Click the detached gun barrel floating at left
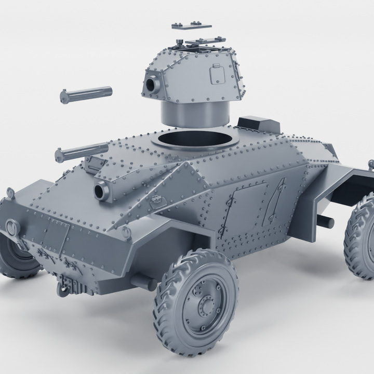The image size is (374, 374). [x=86, y=95]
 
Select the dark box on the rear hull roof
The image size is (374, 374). [x=258, y=125]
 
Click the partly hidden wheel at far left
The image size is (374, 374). [x=18, y=260]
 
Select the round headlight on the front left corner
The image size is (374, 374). [x=11, y=227]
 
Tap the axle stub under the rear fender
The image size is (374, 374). [x=324, y=222]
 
